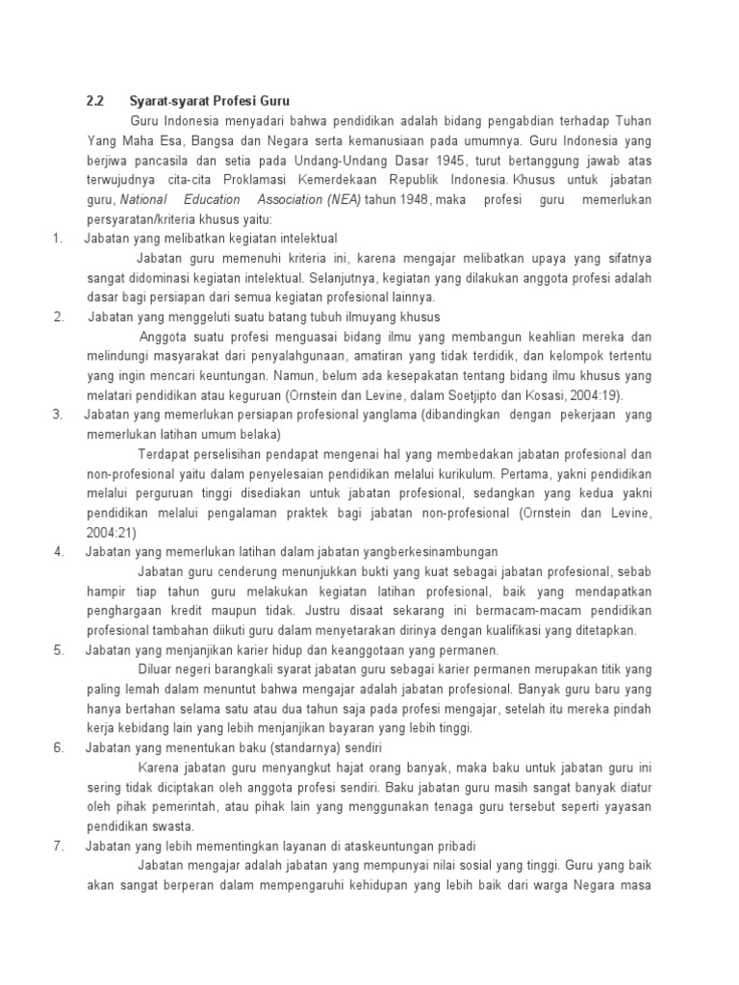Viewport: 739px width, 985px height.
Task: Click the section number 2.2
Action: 93,101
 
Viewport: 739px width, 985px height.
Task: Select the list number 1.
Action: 57,238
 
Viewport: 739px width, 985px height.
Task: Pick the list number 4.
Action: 59,551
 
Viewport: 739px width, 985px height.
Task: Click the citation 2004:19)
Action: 600,394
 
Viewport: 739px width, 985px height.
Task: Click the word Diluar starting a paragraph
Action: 160,669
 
